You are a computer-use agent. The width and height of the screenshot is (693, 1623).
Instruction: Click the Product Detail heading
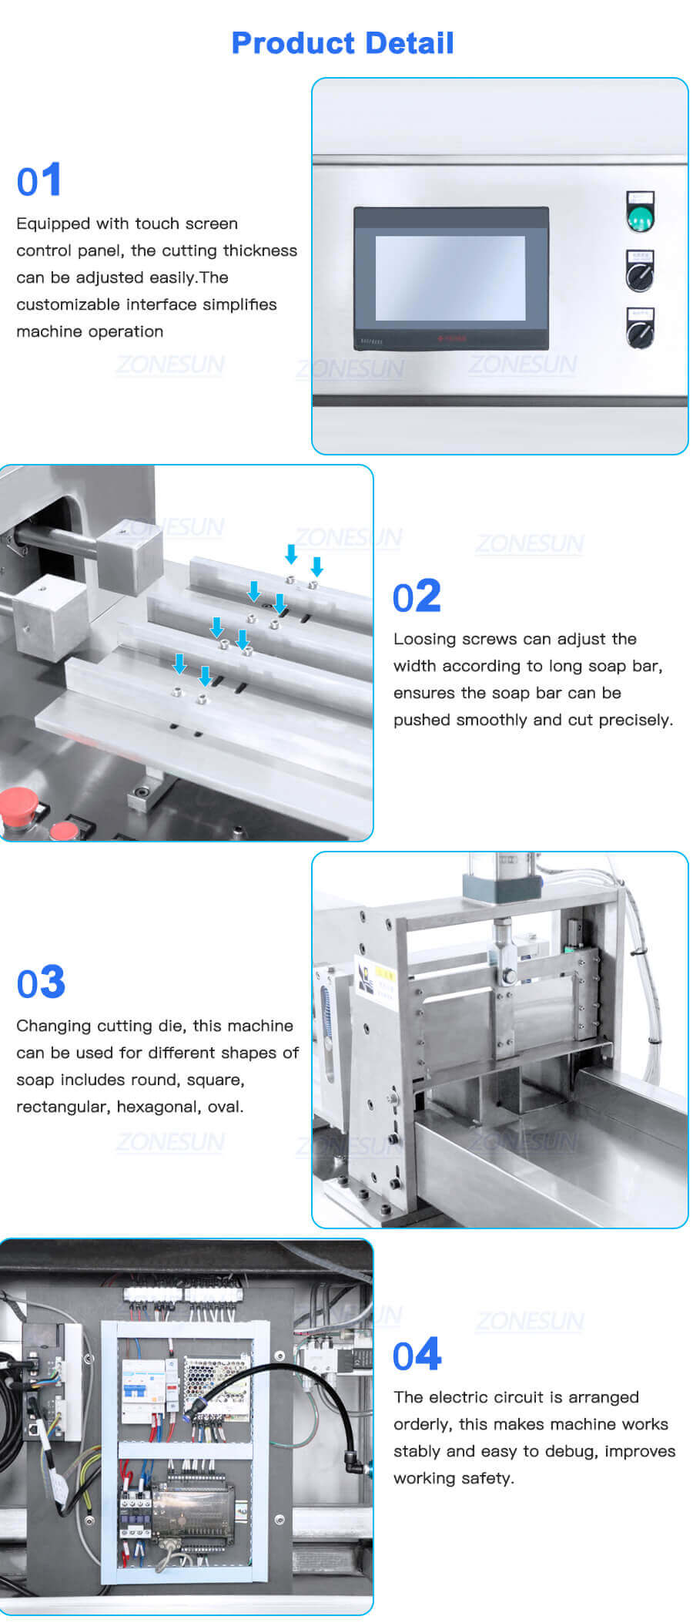click(x=343, y=43)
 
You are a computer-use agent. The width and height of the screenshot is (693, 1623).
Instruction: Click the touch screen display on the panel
click(x=450, y=277)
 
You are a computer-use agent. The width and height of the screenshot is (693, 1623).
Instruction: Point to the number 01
click(x=39, y=182)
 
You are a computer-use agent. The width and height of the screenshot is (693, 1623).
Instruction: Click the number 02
click(x=417, y=597)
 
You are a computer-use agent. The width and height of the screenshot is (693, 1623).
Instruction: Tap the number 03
click(x=41, y=983)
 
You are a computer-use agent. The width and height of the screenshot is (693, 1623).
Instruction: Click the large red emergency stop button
click(x=18, y=808)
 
